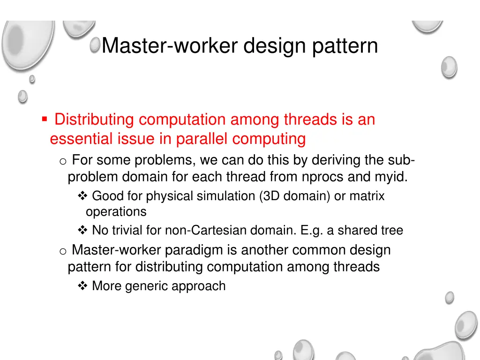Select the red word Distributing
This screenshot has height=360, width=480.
tap(94, 120)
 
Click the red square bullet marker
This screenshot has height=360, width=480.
tap(44, 120)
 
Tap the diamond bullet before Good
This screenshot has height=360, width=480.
tap(82, 196)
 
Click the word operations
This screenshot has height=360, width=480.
tap(116, 212)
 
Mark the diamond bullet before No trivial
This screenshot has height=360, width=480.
tap(82, 231)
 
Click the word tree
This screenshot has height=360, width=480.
tap(392, 231)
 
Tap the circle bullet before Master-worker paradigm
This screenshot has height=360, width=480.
tap(63, 251)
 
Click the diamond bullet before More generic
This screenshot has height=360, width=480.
tap(82, 286)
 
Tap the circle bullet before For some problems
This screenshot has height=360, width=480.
tap(63, 161)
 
